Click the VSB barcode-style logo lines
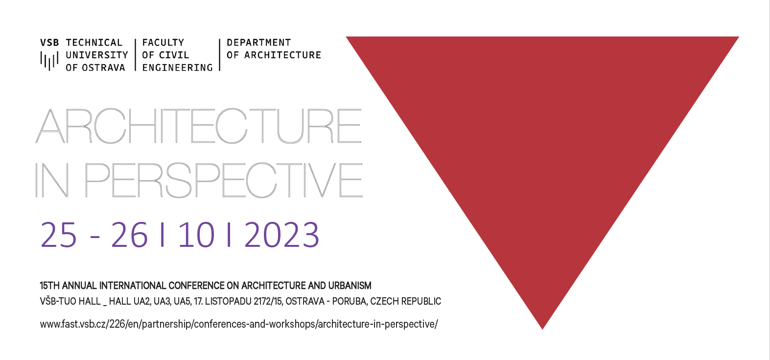[x=49, y=61]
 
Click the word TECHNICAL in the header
[x=94, y=43]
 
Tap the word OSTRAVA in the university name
[x=103, y=68]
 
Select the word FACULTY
[x=163, y=43]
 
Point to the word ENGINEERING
[x=177, y=68]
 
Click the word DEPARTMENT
[x=259, y=43]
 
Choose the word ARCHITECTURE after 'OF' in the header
[x=282, y=55]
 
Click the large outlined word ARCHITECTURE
[x=199, y=126]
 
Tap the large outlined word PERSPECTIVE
[x=223, y=180]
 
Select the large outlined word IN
[x=52, y=180]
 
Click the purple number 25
[x=58, y=235]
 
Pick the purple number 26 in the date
[x=129, y=235]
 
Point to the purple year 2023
[x=282, y=235]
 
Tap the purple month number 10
[x=196, y=235]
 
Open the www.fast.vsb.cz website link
[x=239, y=324]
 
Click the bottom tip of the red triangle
[x=542, y=329]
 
